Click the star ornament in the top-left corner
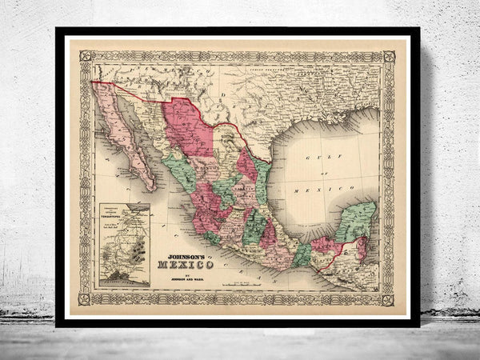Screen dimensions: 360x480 tap(86, 57)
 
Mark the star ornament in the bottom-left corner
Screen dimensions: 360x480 tap(86, 298)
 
